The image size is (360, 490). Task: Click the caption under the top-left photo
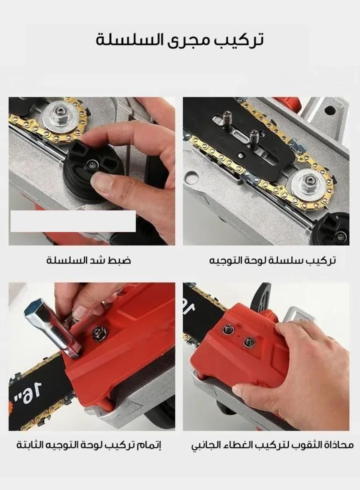point(89,260)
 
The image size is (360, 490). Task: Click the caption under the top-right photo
point(272,260)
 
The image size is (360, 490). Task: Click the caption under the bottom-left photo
point(89,444)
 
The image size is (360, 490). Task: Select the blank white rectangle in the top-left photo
point(73,221)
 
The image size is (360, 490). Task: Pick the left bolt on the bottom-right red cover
point(228,329)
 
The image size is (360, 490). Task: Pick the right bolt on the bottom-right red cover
point(248,342)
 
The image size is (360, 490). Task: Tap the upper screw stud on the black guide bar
point(227,119)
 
